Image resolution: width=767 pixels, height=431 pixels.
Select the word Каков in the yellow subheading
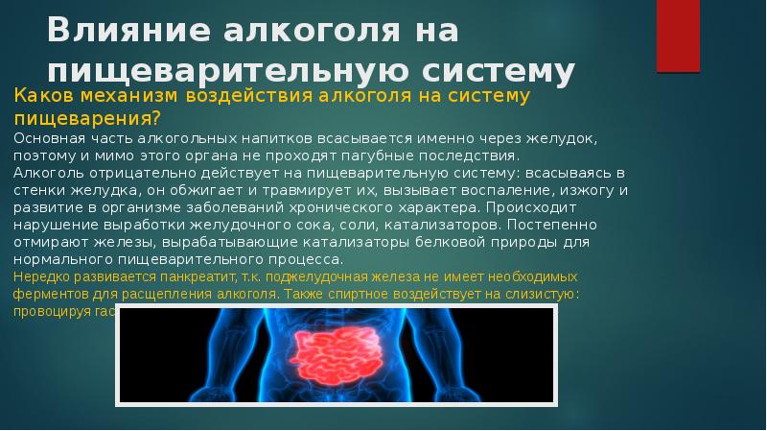42,97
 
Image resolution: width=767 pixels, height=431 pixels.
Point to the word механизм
128,97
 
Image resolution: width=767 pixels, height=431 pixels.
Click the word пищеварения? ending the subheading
85,118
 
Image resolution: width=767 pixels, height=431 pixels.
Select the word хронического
337,206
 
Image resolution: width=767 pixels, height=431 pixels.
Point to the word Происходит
526,206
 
